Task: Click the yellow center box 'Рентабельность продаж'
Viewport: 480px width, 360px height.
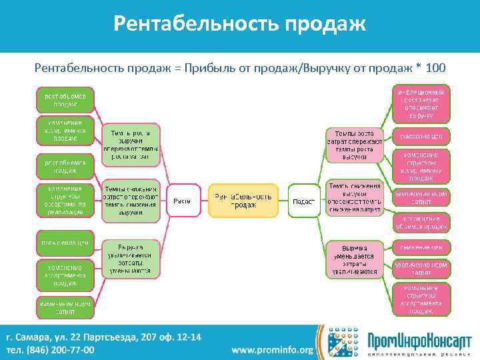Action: (243, 200)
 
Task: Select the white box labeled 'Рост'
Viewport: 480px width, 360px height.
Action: (182, 201)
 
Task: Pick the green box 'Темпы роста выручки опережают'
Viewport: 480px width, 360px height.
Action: (130, 144)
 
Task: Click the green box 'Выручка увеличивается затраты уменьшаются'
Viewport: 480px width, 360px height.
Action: (130, 258)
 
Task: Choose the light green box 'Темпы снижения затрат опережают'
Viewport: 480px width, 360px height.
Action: (130, 201)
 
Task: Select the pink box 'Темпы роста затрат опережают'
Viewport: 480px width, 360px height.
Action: (354, 144)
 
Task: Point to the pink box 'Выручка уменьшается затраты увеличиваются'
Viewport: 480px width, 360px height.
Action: (355, 258)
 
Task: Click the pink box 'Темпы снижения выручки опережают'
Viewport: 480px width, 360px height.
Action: (354, 197)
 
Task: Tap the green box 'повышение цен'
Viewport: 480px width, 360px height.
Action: (65, 242)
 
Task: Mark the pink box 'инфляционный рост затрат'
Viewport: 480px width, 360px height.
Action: (421, 103)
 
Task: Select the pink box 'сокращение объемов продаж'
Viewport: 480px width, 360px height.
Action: (421, 222)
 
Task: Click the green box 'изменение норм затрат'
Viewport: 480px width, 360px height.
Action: (65, 307)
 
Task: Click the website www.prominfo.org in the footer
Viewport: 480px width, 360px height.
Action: (272, 350)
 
